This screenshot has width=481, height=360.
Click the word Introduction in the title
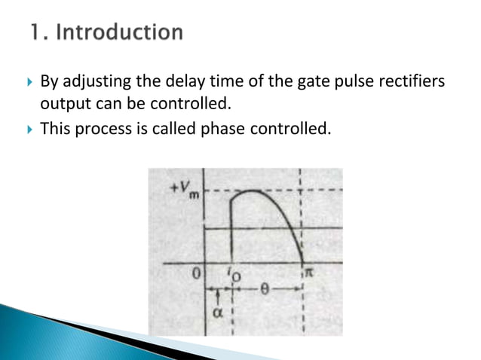[119, 33]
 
